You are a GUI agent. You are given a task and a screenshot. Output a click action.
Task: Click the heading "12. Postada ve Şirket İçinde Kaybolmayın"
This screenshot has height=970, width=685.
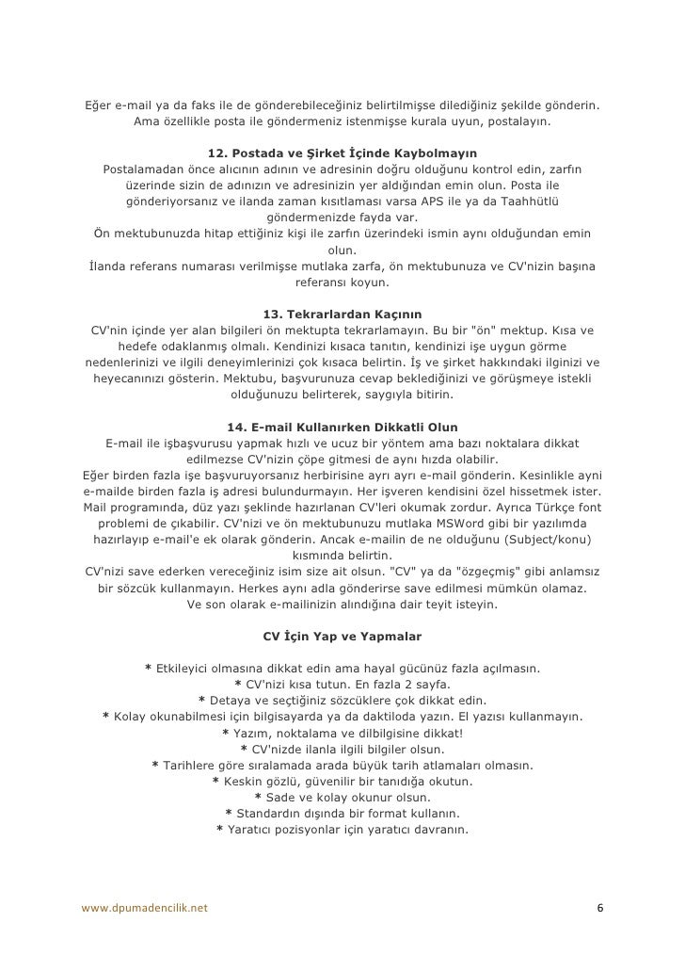click(342, 152)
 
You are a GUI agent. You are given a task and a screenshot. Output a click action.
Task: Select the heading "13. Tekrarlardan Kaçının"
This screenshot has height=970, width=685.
click(342, 313)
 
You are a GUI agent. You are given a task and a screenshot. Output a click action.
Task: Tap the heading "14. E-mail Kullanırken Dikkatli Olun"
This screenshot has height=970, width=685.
click(342, 427)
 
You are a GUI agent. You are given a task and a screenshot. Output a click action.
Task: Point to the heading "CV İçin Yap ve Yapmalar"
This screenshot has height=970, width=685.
click(342, 636)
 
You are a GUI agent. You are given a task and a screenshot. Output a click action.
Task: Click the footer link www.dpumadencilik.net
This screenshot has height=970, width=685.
click(146, 908)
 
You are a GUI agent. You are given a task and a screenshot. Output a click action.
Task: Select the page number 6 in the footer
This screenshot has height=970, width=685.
click(601, 908)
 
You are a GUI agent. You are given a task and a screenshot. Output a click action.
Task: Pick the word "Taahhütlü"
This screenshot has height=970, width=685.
click(530, 202)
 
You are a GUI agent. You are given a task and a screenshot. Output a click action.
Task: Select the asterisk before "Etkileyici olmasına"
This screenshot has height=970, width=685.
click(148, 668)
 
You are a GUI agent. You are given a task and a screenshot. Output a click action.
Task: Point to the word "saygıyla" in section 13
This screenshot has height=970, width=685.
click(381, 395)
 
